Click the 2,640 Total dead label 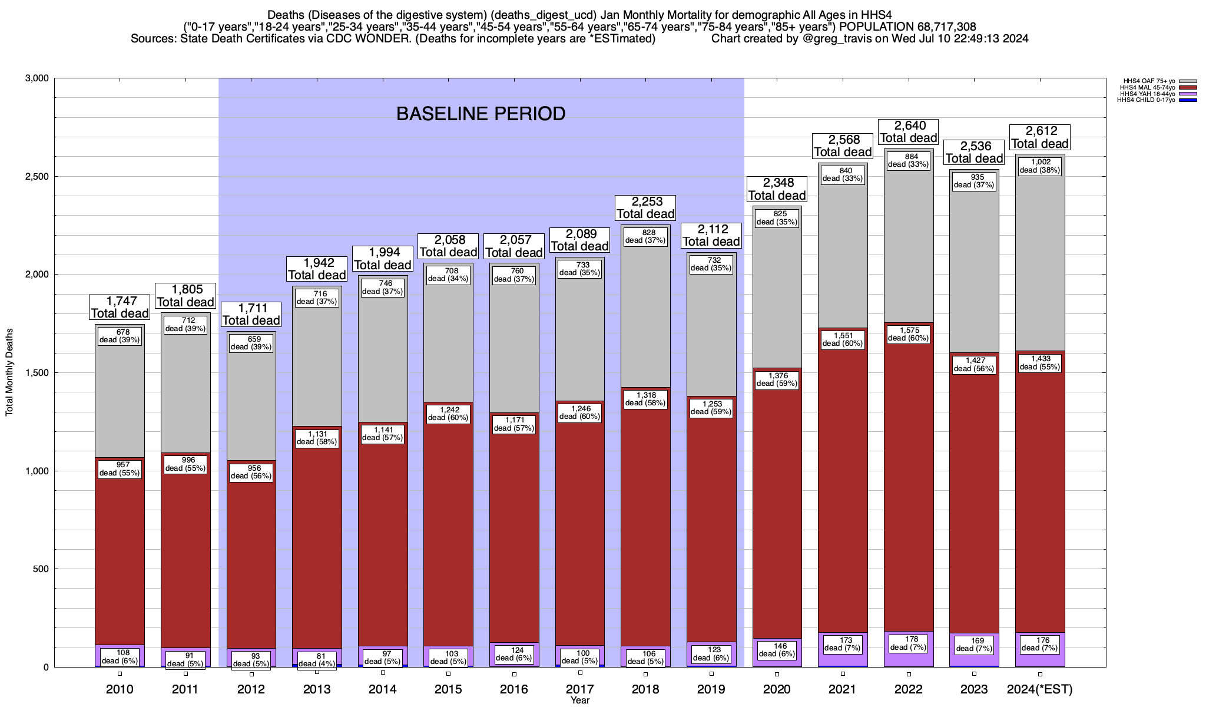909,132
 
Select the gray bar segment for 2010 120,401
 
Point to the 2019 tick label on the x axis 711,689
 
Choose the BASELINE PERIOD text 481,114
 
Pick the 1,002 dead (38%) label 1040,166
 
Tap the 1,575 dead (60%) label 909,334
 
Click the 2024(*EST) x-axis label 1040,689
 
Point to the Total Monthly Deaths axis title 9,372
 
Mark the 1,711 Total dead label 251,315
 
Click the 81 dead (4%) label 317,660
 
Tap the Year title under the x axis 580,701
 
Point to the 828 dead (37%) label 645,236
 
